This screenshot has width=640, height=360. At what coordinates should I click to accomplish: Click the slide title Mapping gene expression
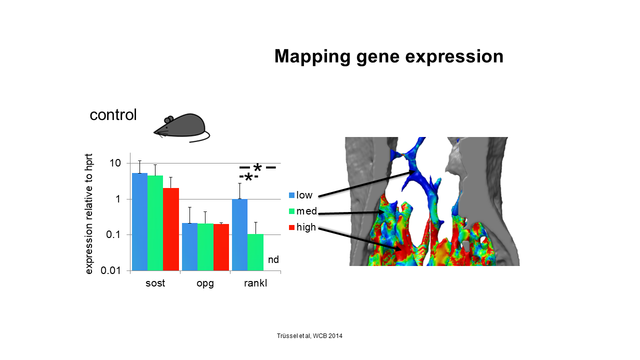[389, 57]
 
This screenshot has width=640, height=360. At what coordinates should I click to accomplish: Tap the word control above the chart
[113, 115]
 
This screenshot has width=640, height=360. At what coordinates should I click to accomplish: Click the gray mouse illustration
[181, 128]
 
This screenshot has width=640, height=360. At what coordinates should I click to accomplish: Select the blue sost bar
[139, 221]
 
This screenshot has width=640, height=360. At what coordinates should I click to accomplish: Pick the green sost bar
[155, 223]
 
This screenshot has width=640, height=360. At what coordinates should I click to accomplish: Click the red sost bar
[171, 229]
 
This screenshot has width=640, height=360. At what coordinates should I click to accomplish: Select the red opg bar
[221, 247]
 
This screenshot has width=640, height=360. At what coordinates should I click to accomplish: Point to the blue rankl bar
[239, 235]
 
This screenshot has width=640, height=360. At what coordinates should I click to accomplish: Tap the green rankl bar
[255, 252]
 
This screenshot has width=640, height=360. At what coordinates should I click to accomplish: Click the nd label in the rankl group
[273, 259]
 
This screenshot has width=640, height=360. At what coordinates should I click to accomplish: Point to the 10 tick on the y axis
[115, 163]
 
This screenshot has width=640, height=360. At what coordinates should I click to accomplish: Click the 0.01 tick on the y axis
[110, 270]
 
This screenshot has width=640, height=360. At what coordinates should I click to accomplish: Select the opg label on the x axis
[205, 283]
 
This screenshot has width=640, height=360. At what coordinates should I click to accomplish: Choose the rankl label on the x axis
[255, 283]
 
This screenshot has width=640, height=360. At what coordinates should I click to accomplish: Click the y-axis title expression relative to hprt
[89, 214]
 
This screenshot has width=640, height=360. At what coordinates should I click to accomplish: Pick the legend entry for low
[300, 195]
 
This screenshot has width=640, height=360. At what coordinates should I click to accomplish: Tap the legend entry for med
[303, 211]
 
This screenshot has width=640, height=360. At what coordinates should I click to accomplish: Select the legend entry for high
[302, 227]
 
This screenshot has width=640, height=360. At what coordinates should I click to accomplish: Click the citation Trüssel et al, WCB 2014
[309, 336]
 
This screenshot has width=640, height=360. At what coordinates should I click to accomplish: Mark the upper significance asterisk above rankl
[257, 167]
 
